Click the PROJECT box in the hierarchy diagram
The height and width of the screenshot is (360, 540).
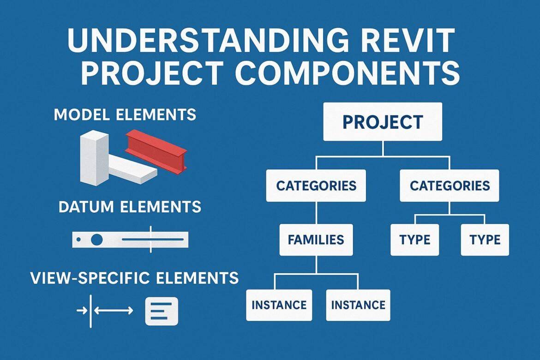coord(383,122)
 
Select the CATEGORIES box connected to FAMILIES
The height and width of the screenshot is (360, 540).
coord(316,186)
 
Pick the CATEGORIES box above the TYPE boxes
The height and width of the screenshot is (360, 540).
coord(449,186)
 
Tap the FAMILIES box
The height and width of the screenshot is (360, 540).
coord(316,240)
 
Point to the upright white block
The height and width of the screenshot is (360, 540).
coord(94,157)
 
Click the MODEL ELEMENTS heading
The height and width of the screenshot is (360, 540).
coord(125,114)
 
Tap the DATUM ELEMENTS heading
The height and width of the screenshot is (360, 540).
coord(130,206)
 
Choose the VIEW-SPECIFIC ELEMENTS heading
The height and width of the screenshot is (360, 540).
coord(134,278)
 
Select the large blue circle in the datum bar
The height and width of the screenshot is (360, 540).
coord(97,240)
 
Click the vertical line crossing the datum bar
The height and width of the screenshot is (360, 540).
coord(150,240)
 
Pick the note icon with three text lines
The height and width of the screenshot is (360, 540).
coord(161,311)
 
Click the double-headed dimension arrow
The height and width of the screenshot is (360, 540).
coord(114,311)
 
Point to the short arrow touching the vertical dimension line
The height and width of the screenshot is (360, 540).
coord(82,311)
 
